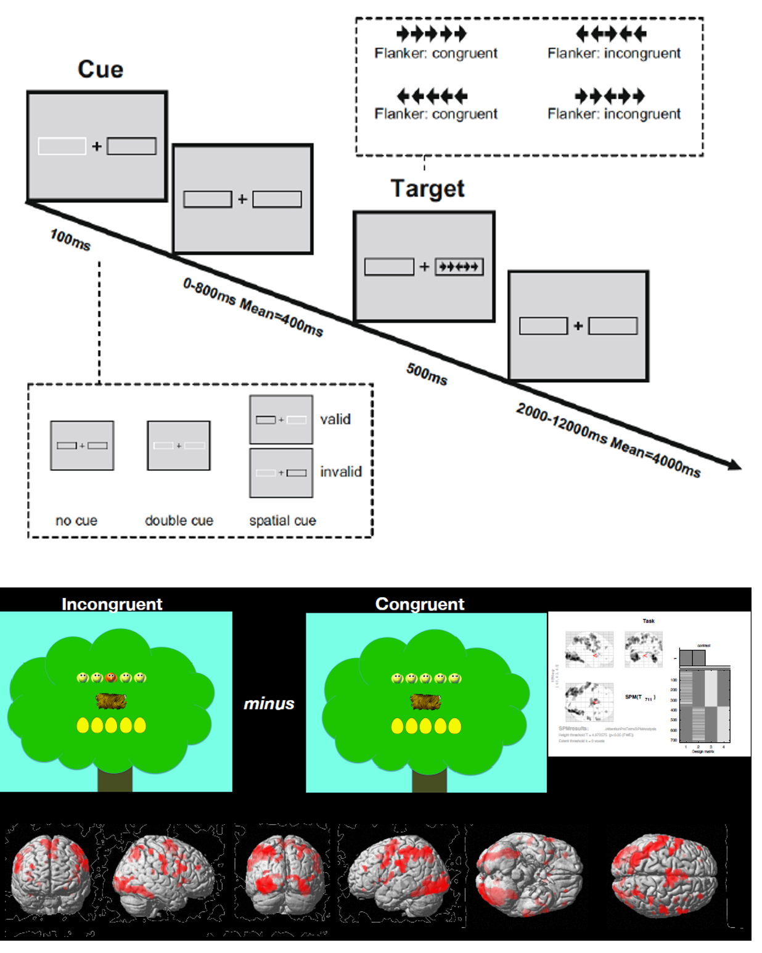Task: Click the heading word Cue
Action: point(100,69)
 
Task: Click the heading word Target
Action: point(427,189)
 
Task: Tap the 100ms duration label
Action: point(70,239)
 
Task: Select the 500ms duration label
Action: point(427,374)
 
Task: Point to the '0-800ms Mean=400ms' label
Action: point(253,307)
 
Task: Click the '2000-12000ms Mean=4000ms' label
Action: point(608,440)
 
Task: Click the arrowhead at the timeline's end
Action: point(734,465)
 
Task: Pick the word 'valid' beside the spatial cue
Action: point(335,419)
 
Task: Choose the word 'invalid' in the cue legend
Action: point(340,472)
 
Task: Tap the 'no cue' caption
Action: point(76,520)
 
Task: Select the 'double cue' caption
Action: point(179,520)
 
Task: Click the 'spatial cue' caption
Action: point(282,520)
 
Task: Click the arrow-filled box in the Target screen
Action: point(459,267)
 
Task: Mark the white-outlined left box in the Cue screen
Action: point(62,146)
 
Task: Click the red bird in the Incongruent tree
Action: point(111,677)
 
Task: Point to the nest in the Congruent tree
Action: point(425,701)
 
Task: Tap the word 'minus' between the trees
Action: point(269,703)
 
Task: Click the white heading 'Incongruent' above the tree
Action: point(112,603)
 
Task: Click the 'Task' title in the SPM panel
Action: point(649,621)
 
